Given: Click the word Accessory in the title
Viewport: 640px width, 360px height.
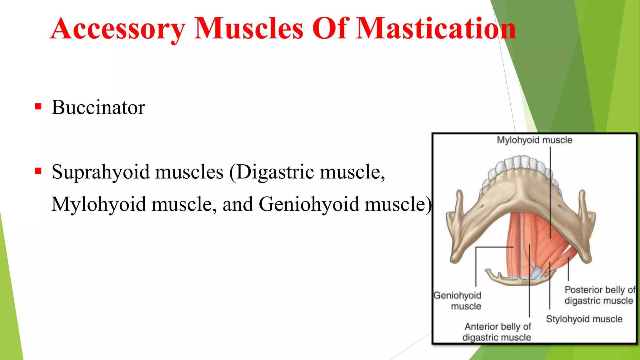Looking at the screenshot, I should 118,29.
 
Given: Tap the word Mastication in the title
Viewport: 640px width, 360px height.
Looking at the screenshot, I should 436,29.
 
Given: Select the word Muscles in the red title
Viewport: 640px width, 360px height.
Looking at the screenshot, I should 249,29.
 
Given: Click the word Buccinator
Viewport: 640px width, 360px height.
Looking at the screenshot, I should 98,107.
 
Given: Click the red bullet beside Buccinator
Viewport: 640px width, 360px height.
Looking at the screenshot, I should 38,107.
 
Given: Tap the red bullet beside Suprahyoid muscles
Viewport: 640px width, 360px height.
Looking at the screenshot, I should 38,171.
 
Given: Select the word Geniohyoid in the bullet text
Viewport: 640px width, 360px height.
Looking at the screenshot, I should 309,205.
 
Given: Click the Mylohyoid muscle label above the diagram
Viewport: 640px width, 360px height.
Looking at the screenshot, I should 534,140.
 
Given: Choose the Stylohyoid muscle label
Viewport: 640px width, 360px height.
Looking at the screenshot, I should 584,319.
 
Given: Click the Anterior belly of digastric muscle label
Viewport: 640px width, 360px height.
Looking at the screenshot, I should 497,332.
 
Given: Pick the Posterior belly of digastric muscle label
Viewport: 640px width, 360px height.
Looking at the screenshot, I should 599,295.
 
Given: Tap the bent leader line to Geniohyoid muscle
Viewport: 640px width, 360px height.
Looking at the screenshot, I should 476,266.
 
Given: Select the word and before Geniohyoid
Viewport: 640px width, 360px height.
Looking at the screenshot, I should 237,205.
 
